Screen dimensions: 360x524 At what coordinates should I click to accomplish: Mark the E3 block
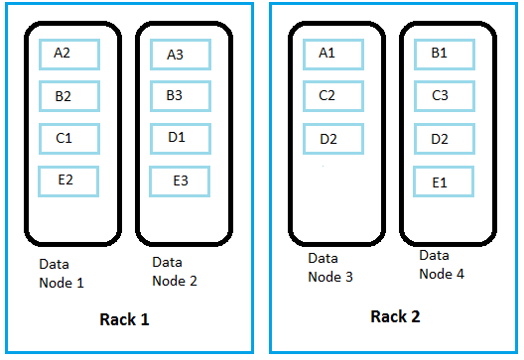tap(180, 180)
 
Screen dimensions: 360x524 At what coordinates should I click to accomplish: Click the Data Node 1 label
tap(61, 274)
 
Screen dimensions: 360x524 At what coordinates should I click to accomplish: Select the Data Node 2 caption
tap(175, 271)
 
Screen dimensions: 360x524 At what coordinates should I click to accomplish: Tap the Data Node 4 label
tap(441, 264)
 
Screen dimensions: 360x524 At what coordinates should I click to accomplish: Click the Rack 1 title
tap(124, 319)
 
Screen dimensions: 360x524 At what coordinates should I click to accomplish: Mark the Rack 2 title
tap(394, 317)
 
